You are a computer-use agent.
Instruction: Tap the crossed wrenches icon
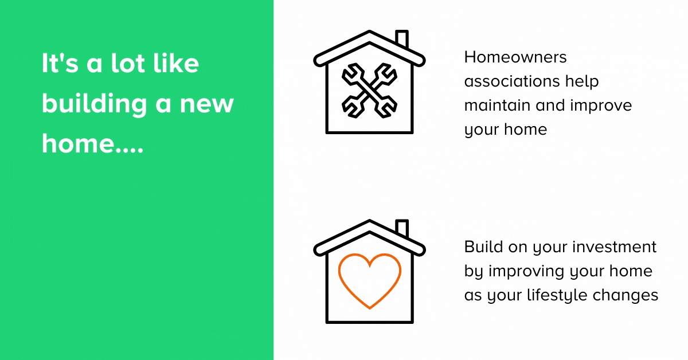[369, 91]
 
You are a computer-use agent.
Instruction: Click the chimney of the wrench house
[402, 38]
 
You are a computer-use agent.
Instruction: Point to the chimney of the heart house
[402, 228]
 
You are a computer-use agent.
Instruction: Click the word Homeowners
[515, 57]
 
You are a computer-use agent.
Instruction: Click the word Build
[483, 246]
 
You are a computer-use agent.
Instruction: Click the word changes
[626, 295]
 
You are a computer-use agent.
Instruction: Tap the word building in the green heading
[94, 104]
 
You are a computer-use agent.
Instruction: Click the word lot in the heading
[128, 64]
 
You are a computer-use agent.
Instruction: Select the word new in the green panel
[207, 104]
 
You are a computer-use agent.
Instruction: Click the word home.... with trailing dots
[92, 144]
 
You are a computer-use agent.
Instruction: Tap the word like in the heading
[177, 63]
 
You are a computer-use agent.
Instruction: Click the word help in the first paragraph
[582, 82]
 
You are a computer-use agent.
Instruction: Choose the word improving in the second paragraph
[526, 272]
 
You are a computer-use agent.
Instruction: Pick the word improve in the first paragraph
[601, 106]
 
